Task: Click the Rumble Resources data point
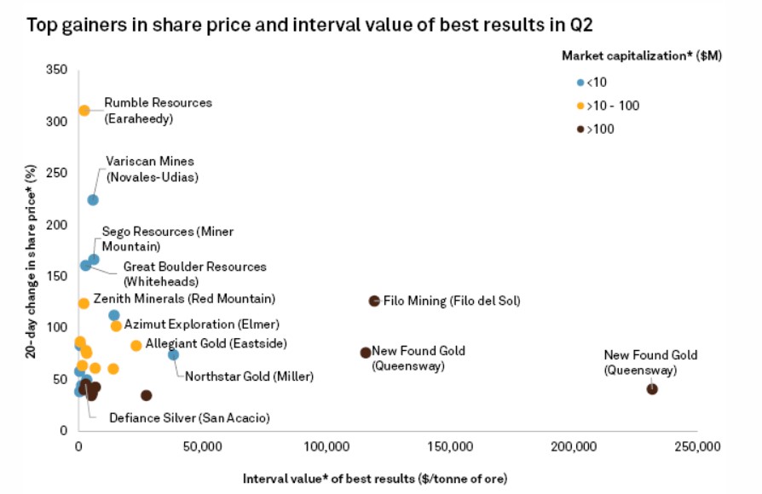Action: (x=84, y=110)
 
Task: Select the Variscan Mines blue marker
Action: (x=93, y=200)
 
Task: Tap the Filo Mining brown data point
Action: (x=374, y=301)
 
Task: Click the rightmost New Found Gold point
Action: (x=652, y=389)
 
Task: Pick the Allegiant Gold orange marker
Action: (x=136, y=345)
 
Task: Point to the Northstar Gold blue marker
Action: (x=173, y=354)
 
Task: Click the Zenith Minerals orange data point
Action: (x=84, y=303)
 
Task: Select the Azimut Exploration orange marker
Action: (x=116, y=326)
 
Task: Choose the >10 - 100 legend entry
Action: (x=608, y=106)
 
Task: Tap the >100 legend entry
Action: (x=597, y=129)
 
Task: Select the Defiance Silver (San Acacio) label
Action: (x=189, y=418)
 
